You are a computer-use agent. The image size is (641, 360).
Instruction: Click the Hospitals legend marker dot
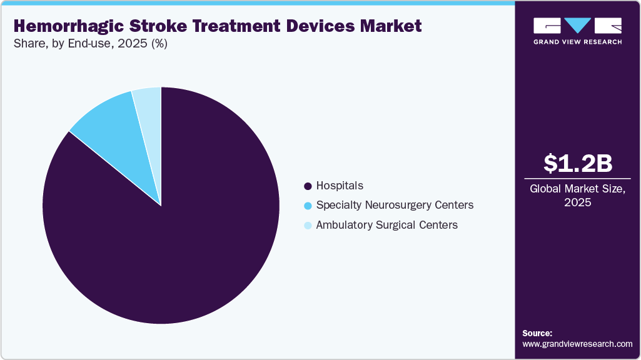[x=307, y=186]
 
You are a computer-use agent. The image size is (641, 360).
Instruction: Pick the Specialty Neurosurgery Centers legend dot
[x=307, y=206]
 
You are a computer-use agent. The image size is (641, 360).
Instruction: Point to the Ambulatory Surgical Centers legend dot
[x=307, y=225]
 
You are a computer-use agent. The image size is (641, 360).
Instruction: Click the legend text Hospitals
[x=340, y=186]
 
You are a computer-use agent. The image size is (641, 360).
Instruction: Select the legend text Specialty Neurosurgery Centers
[x=395, y=205]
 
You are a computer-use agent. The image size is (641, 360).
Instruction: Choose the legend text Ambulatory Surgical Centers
[x=386, y=224]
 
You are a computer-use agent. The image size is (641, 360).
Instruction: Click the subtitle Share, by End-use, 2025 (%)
[x=91, y=44]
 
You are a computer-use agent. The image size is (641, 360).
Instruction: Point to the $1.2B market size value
[x=577, y=163]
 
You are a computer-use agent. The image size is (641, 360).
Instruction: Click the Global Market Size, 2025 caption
[x=577, y=196]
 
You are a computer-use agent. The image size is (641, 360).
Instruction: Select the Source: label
[x=537, y=333]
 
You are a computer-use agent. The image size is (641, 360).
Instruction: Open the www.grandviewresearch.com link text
[x=577, y=344]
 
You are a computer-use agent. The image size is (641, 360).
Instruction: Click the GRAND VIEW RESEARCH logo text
[x=577, y=42]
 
